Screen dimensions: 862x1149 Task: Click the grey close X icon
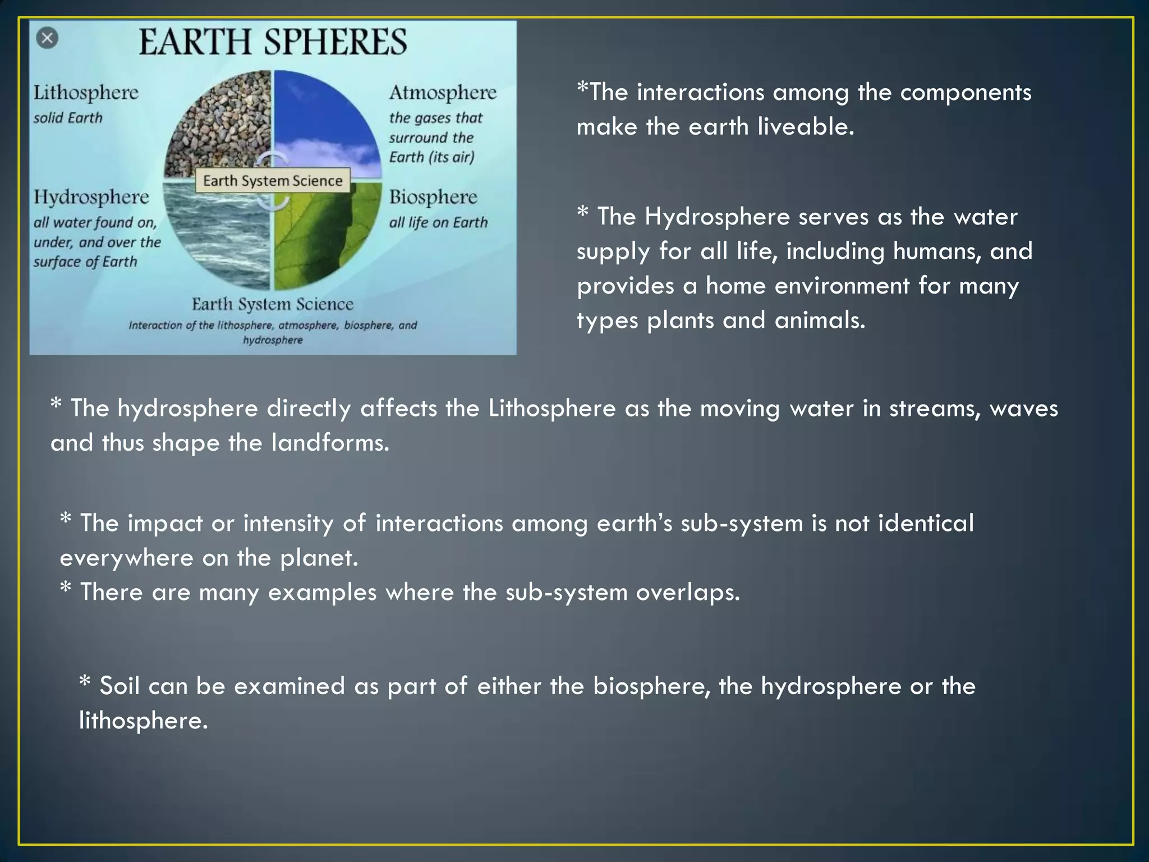tap(47, 38)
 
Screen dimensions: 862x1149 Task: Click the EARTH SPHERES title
tap(273, 42)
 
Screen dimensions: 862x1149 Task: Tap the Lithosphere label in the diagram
tap(86, 93)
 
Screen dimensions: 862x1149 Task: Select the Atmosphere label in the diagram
tap(443, 93)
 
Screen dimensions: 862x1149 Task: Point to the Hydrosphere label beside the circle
tap(91, 197)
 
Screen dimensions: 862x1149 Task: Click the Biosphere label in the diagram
tap(433, 197)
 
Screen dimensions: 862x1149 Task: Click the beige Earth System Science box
tap(273, 181)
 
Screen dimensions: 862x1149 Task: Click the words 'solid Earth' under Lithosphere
tap(68, 118)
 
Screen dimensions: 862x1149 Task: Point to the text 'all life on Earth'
tap(438, 223)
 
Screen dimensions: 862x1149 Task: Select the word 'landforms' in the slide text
tap(330, 443)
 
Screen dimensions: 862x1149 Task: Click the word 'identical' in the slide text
tap(925, 523)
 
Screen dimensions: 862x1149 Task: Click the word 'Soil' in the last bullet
tap(119, 686)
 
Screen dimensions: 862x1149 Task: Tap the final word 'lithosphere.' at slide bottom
tap(143, 721)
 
